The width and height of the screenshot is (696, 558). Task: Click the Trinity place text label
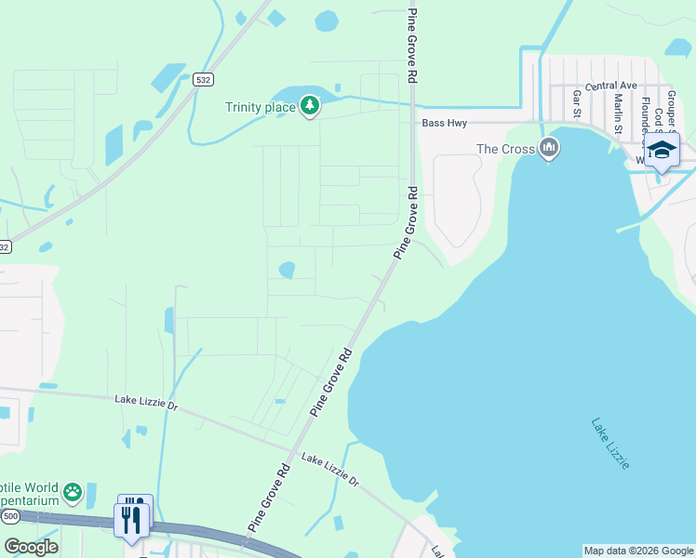click(260, 107)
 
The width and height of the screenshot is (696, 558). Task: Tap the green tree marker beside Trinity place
click(310, 107)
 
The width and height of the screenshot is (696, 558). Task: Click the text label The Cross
click(505, 149)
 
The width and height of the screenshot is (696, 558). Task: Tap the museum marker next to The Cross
click(549, 148)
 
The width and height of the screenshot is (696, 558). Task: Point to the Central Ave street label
click(610, 86)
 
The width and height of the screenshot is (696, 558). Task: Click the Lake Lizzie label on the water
click(610, 443)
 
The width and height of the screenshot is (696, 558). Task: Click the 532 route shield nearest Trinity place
click(204, 81)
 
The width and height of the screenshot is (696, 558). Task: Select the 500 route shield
click(10, 515)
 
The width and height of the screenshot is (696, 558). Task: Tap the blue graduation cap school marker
click(661, 151)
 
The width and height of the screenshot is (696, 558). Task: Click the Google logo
click(31, 547)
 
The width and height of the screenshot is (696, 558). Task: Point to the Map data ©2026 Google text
click(638, 551)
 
